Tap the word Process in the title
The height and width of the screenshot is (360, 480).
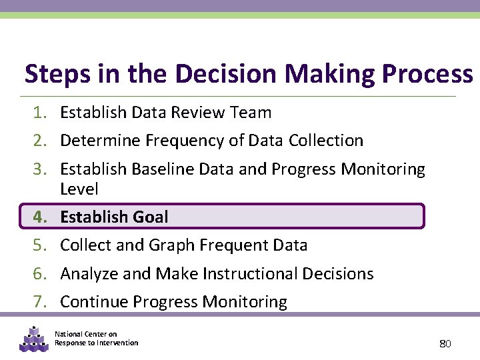428,74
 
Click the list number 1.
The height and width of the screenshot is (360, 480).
40,113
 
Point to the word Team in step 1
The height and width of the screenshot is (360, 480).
250,113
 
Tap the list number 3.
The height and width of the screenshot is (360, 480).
40,169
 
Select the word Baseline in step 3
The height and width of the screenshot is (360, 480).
161,169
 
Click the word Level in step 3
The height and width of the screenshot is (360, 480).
79,189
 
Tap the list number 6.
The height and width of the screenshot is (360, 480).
40,274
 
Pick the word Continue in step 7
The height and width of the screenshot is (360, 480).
94,302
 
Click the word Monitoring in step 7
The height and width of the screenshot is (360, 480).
244,302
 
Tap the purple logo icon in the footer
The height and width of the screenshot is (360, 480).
33,339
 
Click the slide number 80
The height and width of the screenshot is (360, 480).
445,344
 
